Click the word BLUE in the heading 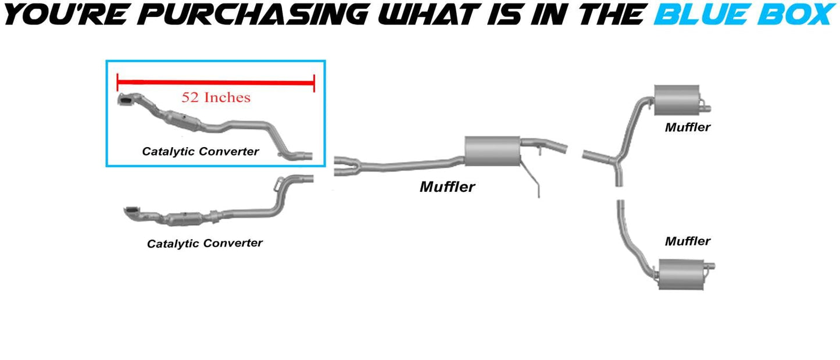tap(705, 13)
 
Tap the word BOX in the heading tap(796, 13)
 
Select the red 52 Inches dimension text tap(216, 97)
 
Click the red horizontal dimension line tap(216, 83)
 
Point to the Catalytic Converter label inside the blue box tap(200, 151)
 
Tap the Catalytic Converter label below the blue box tap(205, 243)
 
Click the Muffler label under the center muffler tap(447, 187)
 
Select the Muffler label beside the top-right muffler tap(688, 127)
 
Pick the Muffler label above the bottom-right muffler tap(688, 241)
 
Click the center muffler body tap(492, 151)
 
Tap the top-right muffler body tap(675, 99)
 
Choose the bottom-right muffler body tap(675, 273)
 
